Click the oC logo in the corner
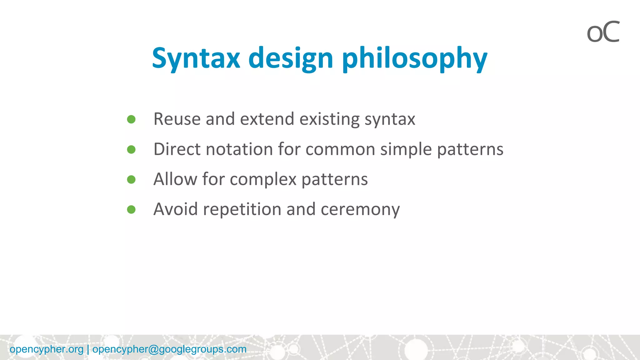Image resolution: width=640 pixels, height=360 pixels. (603, 32)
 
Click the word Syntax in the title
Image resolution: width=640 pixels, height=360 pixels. (196, 58)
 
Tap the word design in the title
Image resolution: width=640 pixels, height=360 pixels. (291, 58)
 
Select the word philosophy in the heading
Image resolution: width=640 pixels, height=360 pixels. (415, 58)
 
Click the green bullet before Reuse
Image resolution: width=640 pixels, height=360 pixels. (131, 119)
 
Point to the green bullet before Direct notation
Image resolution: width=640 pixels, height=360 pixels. (131, 149)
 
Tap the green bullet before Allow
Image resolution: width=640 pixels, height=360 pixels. (131, 179)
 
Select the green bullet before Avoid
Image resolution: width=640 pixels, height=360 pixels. (131, 209)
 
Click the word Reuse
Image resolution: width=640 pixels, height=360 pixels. (177, 119)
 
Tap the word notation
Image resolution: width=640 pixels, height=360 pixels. (239, 149)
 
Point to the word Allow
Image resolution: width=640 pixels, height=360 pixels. (175, 179)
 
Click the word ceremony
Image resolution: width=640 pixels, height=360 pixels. (360, 209)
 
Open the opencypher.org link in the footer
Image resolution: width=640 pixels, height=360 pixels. (47, 349)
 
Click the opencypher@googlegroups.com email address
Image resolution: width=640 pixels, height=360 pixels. (169, 349)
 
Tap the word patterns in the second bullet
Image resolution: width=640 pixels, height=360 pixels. (470, 149)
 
